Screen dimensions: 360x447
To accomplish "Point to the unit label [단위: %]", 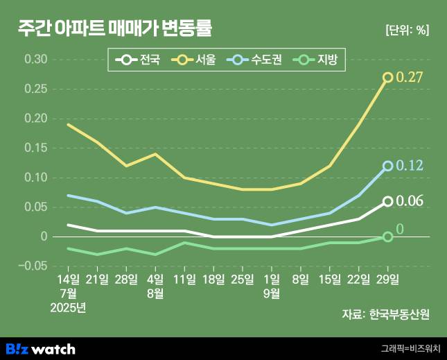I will (x=406, y=31).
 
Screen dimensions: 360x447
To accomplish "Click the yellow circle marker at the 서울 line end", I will (x=388, y=77).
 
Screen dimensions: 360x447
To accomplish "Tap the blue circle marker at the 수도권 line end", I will (x=388, y=166).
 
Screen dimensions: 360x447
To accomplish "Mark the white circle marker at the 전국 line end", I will (x=388, y=201).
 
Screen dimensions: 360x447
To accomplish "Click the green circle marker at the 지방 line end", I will (x=388, y=237).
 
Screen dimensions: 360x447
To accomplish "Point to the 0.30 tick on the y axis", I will (x=36, y=60).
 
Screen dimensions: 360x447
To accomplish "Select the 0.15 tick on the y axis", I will (x=36, y=148).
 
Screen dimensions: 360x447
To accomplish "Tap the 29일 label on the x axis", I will (x=388, y=280).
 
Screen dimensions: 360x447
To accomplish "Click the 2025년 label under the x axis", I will (x=68, y=307).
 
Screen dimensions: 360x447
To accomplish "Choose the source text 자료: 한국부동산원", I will (x=385, y=314).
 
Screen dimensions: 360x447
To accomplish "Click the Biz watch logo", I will (x=40, y=348).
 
